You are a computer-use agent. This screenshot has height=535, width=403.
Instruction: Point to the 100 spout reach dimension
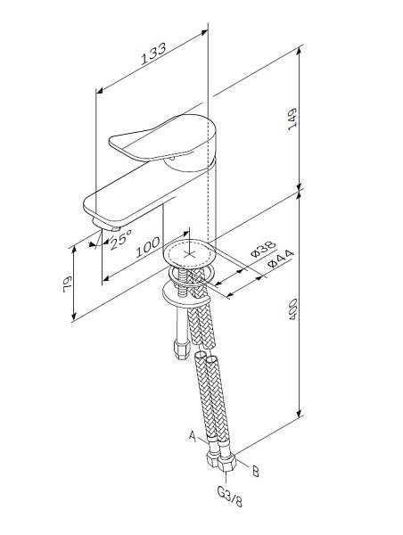(148, 248)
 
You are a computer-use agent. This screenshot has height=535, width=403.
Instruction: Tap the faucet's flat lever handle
(143, 144)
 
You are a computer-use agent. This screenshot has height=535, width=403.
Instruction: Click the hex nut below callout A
(215, 460)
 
